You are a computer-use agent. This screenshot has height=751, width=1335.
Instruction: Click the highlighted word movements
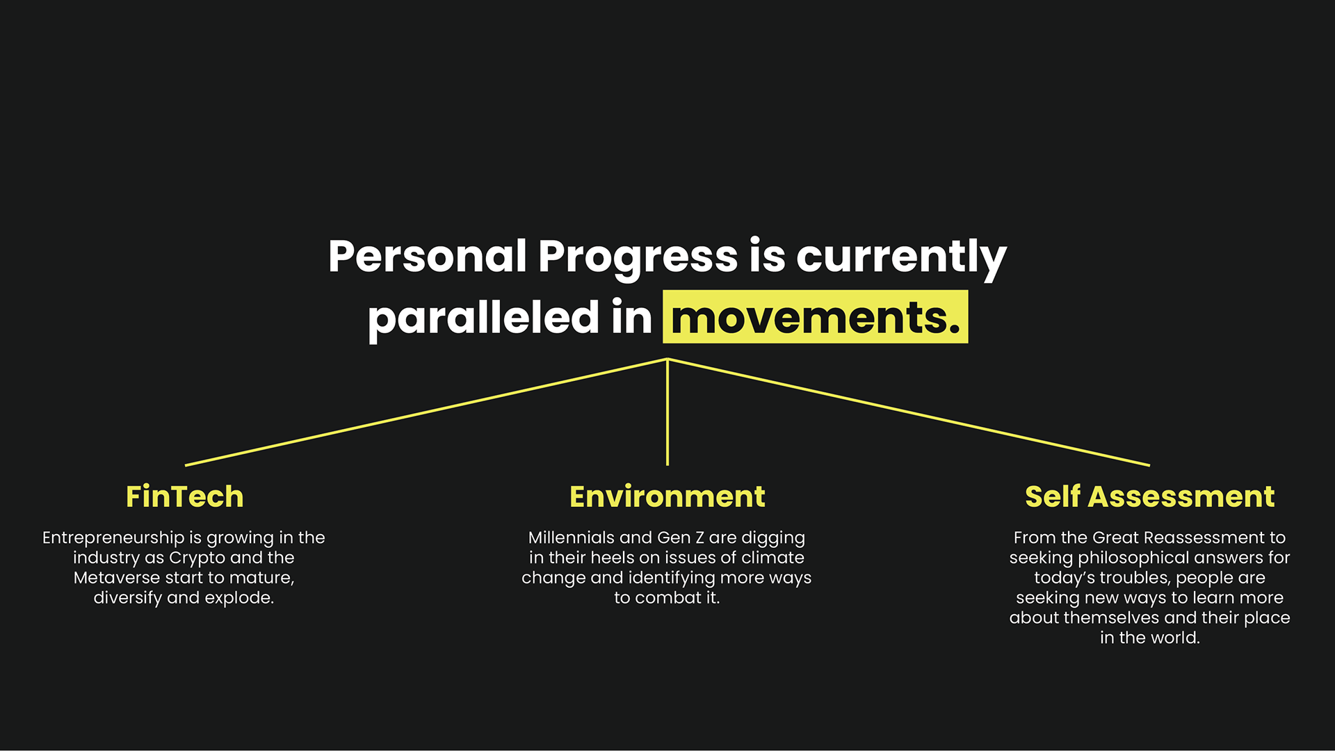pos(816,317)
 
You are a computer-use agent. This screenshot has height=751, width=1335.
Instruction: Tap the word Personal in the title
pos(428,256)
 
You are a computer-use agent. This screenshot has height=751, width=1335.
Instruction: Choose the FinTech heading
pos(185,496)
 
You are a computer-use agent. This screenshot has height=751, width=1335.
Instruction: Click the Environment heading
pos(667,496)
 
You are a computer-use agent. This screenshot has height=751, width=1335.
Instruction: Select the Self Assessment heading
pos(1150,496)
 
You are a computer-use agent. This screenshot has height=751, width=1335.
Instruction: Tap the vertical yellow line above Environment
pos(667,412)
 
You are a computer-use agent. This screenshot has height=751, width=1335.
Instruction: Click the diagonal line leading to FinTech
pos(426,412)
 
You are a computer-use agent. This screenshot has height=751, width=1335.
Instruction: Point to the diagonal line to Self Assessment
pos(909,412)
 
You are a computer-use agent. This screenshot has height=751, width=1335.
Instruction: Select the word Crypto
pos(197,558)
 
